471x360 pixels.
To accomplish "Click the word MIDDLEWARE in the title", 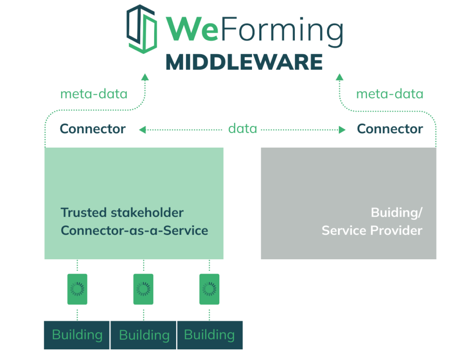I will pyautogui.click(x=243, y=62).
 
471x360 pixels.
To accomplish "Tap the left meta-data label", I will pyautogui.click(x=94, y=94).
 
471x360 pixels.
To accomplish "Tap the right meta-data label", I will pyautogui.click(x=390, y=94).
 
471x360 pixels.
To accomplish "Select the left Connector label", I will pyautogui.click(x=93, y=129).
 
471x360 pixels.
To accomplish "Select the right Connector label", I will pyautogui.click(x=390, y=129).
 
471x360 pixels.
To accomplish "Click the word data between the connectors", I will pyautogui.click(x=242, y=129).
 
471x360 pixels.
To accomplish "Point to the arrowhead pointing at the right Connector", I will pyautogui.click(x=342, y=130).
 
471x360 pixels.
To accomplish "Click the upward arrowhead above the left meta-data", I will pyautogui.click(x=145, y=77).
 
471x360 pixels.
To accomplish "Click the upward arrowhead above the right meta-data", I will pyautogui.click(x=339, y=77).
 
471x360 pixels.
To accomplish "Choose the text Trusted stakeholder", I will pyautogui.click(x=122, y=213).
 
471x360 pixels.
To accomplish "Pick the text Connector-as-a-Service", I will pyautogui.click(x=134, y=230).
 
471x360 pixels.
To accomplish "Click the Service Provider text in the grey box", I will pyautogui.click(x=372, y=230).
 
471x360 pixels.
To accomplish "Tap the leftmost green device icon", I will pyautogui.click(x=77, y=289).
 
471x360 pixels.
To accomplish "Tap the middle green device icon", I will pyautogui.click(x=143, y=289).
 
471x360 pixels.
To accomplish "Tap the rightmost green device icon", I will pyautogui.click(x=209, y=289).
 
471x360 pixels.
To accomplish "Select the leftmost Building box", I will pyautogui.click(x=77, y=335).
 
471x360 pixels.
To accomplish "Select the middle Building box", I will pyautogui.click(x=144, y=335).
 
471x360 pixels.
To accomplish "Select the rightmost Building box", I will pyautogui.click(x=210, y=335).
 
